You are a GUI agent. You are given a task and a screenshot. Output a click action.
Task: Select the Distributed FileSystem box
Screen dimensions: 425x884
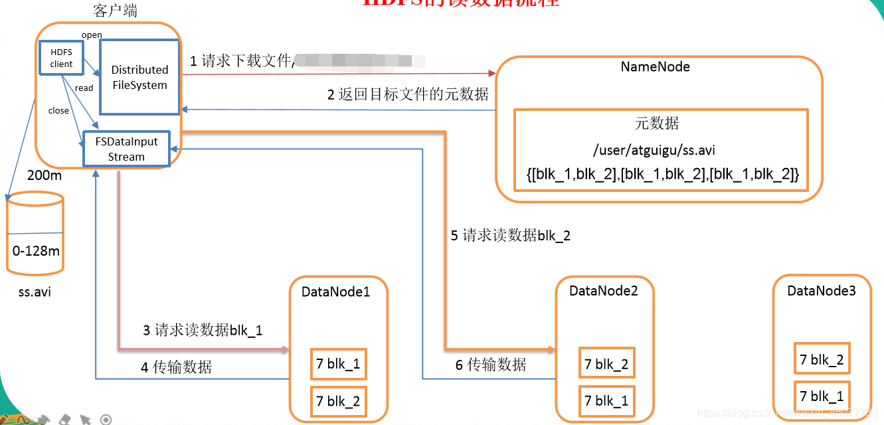click(x=139, y=77)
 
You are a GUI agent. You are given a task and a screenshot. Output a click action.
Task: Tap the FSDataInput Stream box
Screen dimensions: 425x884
click(x=126, y=149)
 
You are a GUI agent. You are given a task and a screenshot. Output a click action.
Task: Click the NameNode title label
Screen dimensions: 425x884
click(x=655, y=67)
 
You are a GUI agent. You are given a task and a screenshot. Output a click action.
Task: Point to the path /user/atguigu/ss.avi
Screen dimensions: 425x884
click(x=654, y=150)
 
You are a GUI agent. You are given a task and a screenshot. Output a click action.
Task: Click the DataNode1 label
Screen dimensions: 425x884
click(x=335, y=292)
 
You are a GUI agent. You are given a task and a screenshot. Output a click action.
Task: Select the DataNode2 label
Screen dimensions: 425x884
click(x=603, y=291)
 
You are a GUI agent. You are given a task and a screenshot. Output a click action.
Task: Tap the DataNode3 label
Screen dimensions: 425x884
click(x=821, y=291)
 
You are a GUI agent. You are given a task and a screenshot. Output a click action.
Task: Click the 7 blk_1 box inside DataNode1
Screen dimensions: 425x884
click(x=338, y=364)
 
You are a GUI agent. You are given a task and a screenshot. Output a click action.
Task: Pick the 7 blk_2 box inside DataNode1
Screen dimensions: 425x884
click(x=338, y=401)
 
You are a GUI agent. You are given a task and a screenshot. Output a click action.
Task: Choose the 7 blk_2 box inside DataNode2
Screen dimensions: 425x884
click(x=606, y=364)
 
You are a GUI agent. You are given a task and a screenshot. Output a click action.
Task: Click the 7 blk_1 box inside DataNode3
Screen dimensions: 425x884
click(x=822, y=396)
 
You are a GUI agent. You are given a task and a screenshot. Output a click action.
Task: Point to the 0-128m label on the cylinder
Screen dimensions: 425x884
click(x=36, y=251)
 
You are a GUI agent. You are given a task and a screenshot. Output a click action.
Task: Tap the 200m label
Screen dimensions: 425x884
click(x=44, y=176)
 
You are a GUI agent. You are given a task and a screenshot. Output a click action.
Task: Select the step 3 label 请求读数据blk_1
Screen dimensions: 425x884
click(x=203, y=330)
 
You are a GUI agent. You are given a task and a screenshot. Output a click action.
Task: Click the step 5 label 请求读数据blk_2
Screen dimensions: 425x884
click(x=510, y=236)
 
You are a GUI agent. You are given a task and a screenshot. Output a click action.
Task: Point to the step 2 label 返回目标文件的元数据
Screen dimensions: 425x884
click(x=407, y=94)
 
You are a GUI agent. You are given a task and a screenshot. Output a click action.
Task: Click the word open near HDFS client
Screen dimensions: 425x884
click(x=92, y=35)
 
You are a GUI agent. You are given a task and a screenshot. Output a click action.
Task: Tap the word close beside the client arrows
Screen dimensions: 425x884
click(x=58, y=111)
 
